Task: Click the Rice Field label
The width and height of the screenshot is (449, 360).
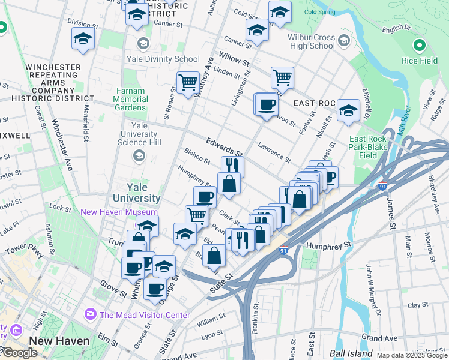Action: [x=418, y=61]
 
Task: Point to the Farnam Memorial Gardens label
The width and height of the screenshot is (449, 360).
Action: [x=130, y=99]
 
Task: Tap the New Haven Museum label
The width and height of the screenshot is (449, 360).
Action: [x=119, y=212]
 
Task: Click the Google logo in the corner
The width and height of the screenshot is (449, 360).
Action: [x=19, y=353]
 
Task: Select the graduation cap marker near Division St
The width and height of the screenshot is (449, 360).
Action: [x=82, y=40]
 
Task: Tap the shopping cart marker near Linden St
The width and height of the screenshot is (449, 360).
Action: [x=282, y=77]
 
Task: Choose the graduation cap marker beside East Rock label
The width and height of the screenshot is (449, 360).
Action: [x=348, y=110]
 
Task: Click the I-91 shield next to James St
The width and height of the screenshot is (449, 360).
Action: [x=383, y=185]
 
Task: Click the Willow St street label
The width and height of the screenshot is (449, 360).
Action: [x=234, y=60]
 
